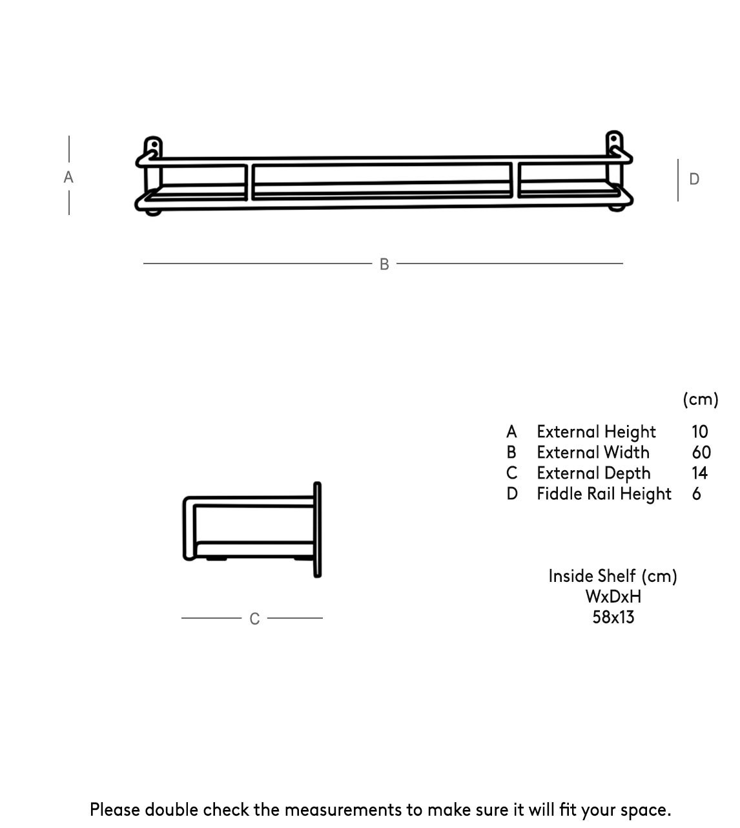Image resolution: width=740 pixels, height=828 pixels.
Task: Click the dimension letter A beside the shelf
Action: click(x=68, y=177)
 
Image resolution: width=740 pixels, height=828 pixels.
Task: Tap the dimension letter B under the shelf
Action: click(x=384, y=264)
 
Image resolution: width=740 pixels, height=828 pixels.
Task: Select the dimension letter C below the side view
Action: click(x=254, y=619)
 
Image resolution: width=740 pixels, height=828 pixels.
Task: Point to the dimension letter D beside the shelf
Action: click(x=694, y=179)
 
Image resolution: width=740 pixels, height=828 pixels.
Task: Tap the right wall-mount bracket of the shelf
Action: click(x=615, y=171)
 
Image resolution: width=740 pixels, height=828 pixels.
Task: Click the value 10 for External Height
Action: click(x=700, y=431)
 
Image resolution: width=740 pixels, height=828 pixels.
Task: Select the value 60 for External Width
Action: click(x=701, y=452)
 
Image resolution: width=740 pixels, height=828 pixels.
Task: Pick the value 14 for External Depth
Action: click(x=700, y=473)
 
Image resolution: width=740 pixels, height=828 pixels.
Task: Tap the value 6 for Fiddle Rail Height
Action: click(x=696, y=493)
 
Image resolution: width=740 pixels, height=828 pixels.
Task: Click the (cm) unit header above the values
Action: click(x=701, y=399)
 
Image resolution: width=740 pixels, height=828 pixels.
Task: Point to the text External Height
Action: click(x=596, y=432)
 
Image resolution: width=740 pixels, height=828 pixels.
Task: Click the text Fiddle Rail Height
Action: click(x=604, y=494)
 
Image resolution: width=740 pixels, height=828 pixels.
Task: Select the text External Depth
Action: click(x=593, y=473)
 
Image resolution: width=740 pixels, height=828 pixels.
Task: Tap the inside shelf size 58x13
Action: click(x=613, y=617)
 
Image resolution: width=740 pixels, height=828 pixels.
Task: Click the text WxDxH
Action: click(x=613, y=597)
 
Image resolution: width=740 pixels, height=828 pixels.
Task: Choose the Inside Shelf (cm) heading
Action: click(x=613, y=576)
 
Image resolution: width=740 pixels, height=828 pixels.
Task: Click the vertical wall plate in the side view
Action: click(x=318, y=530)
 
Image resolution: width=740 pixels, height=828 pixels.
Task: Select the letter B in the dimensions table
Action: click(x=511, y=452)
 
